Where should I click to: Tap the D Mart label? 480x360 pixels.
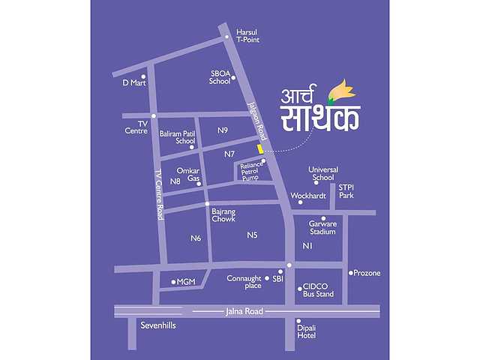[x=133, y=82]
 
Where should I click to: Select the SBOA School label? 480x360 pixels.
[x=220, y=77]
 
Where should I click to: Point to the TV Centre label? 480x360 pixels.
[x=136, y=127]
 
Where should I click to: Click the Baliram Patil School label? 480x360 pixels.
[x=177, y=137]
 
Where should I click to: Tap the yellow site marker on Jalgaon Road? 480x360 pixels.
[x=260, y=149]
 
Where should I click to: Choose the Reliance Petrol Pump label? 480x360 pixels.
[x=250, y=171]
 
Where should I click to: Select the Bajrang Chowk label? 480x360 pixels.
[x=223, y=215]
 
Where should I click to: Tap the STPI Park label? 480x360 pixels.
[x=346, y=191]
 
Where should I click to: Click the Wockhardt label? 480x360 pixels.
[x=307, y=195]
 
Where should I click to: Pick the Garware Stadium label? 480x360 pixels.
[x=323, y=228]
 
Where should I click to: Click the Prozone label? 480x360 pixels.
[x=367, y=272]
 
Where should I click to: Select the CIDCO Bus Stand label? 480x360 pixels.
[x=318, y=290]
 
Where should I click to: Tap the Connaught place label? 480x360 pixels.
[x=244, y=282]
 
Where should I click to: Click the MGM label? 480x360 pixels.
[x=187, y=282]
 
